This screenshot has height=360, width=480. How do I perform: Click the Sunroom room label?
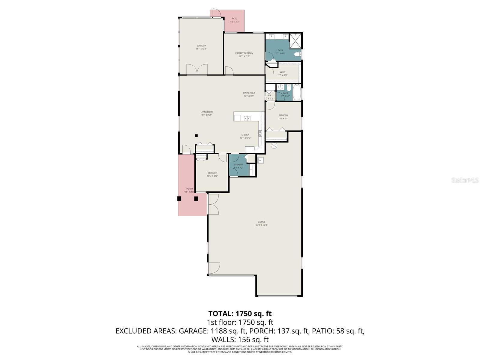201,46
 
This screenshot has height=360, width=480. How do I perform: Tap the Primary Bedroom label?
244,53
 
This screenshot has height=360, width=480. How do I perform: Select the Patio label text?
234,19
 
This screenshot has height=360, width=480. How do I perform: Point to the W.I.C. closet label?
282,72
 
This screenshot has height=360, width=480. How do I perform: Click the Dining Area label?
249,93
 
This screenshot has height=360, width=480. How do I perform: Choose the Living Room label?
206,112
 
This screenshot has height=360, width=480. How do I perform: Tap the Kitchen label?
245,135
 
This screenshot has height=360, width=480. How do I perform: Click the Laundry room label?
238,165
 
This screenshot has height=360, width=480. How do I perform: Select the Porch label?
189,189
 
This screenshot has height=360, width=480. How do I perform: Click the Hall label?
270,95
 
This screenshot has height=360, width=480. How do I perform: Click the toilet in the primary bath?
297,54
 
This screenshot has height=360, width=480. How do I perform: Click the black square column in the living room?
196,136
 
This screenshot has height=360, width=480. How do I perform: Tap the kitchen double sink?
247,118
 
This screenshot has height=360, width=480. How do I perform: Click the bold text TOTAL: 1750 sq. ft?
240,313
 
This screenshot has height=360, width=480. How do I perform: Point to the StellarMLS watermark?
468,180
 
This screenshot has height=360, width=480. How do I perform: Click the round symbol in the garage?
274,146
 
